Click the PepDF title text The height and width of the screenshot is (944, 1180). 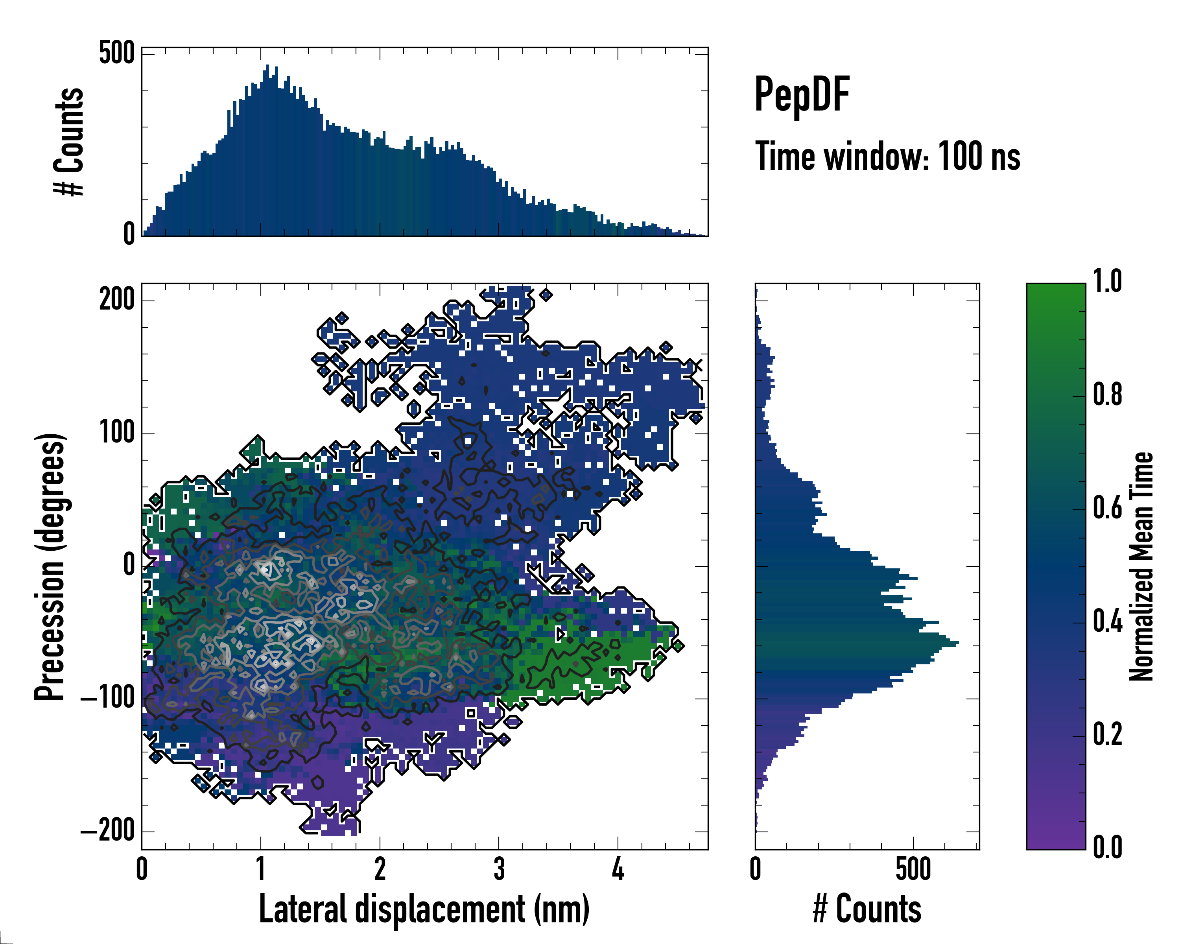tap(801, 95)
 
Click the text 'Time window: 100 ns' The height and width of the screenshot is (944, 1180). tap(887, 157)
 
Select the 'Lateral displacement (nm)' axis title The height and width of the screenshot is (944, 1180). tap(424, 909)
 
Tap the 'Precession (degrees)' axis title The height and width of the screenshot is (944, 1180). tap(50, 566)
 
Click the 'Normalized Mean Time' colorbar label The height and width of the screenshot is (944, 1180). tap(1141, 566)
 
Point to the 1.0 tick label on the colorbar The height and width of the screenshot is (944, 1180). tap(1107, 282)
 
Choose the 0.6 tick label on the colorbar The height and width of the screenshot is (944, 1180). tap(1107, 509)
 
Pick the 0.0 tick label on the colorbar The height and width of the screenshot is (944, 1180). tap(1107, 848)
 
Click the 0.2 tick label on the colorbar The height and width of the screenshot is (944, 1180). tap(1107, 734)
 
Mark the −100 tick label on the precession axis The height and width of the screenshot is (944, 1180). tap(108, 699)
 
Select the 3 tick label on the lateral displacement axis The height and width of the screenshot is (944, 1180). tap(499, 870)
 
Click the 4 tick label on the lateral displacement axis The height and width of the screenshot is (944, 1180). tap(618, 870)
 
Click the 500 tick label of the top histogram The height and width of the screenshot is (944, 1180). tap(116, 54)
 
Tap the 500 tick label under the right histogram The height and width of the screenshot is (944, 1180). tap(913, 870)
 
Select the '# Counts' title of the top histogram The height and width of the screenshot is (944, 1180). tap(70, 142)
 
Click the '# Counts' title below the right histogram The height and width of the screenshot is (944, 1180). tap(867, 909)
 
